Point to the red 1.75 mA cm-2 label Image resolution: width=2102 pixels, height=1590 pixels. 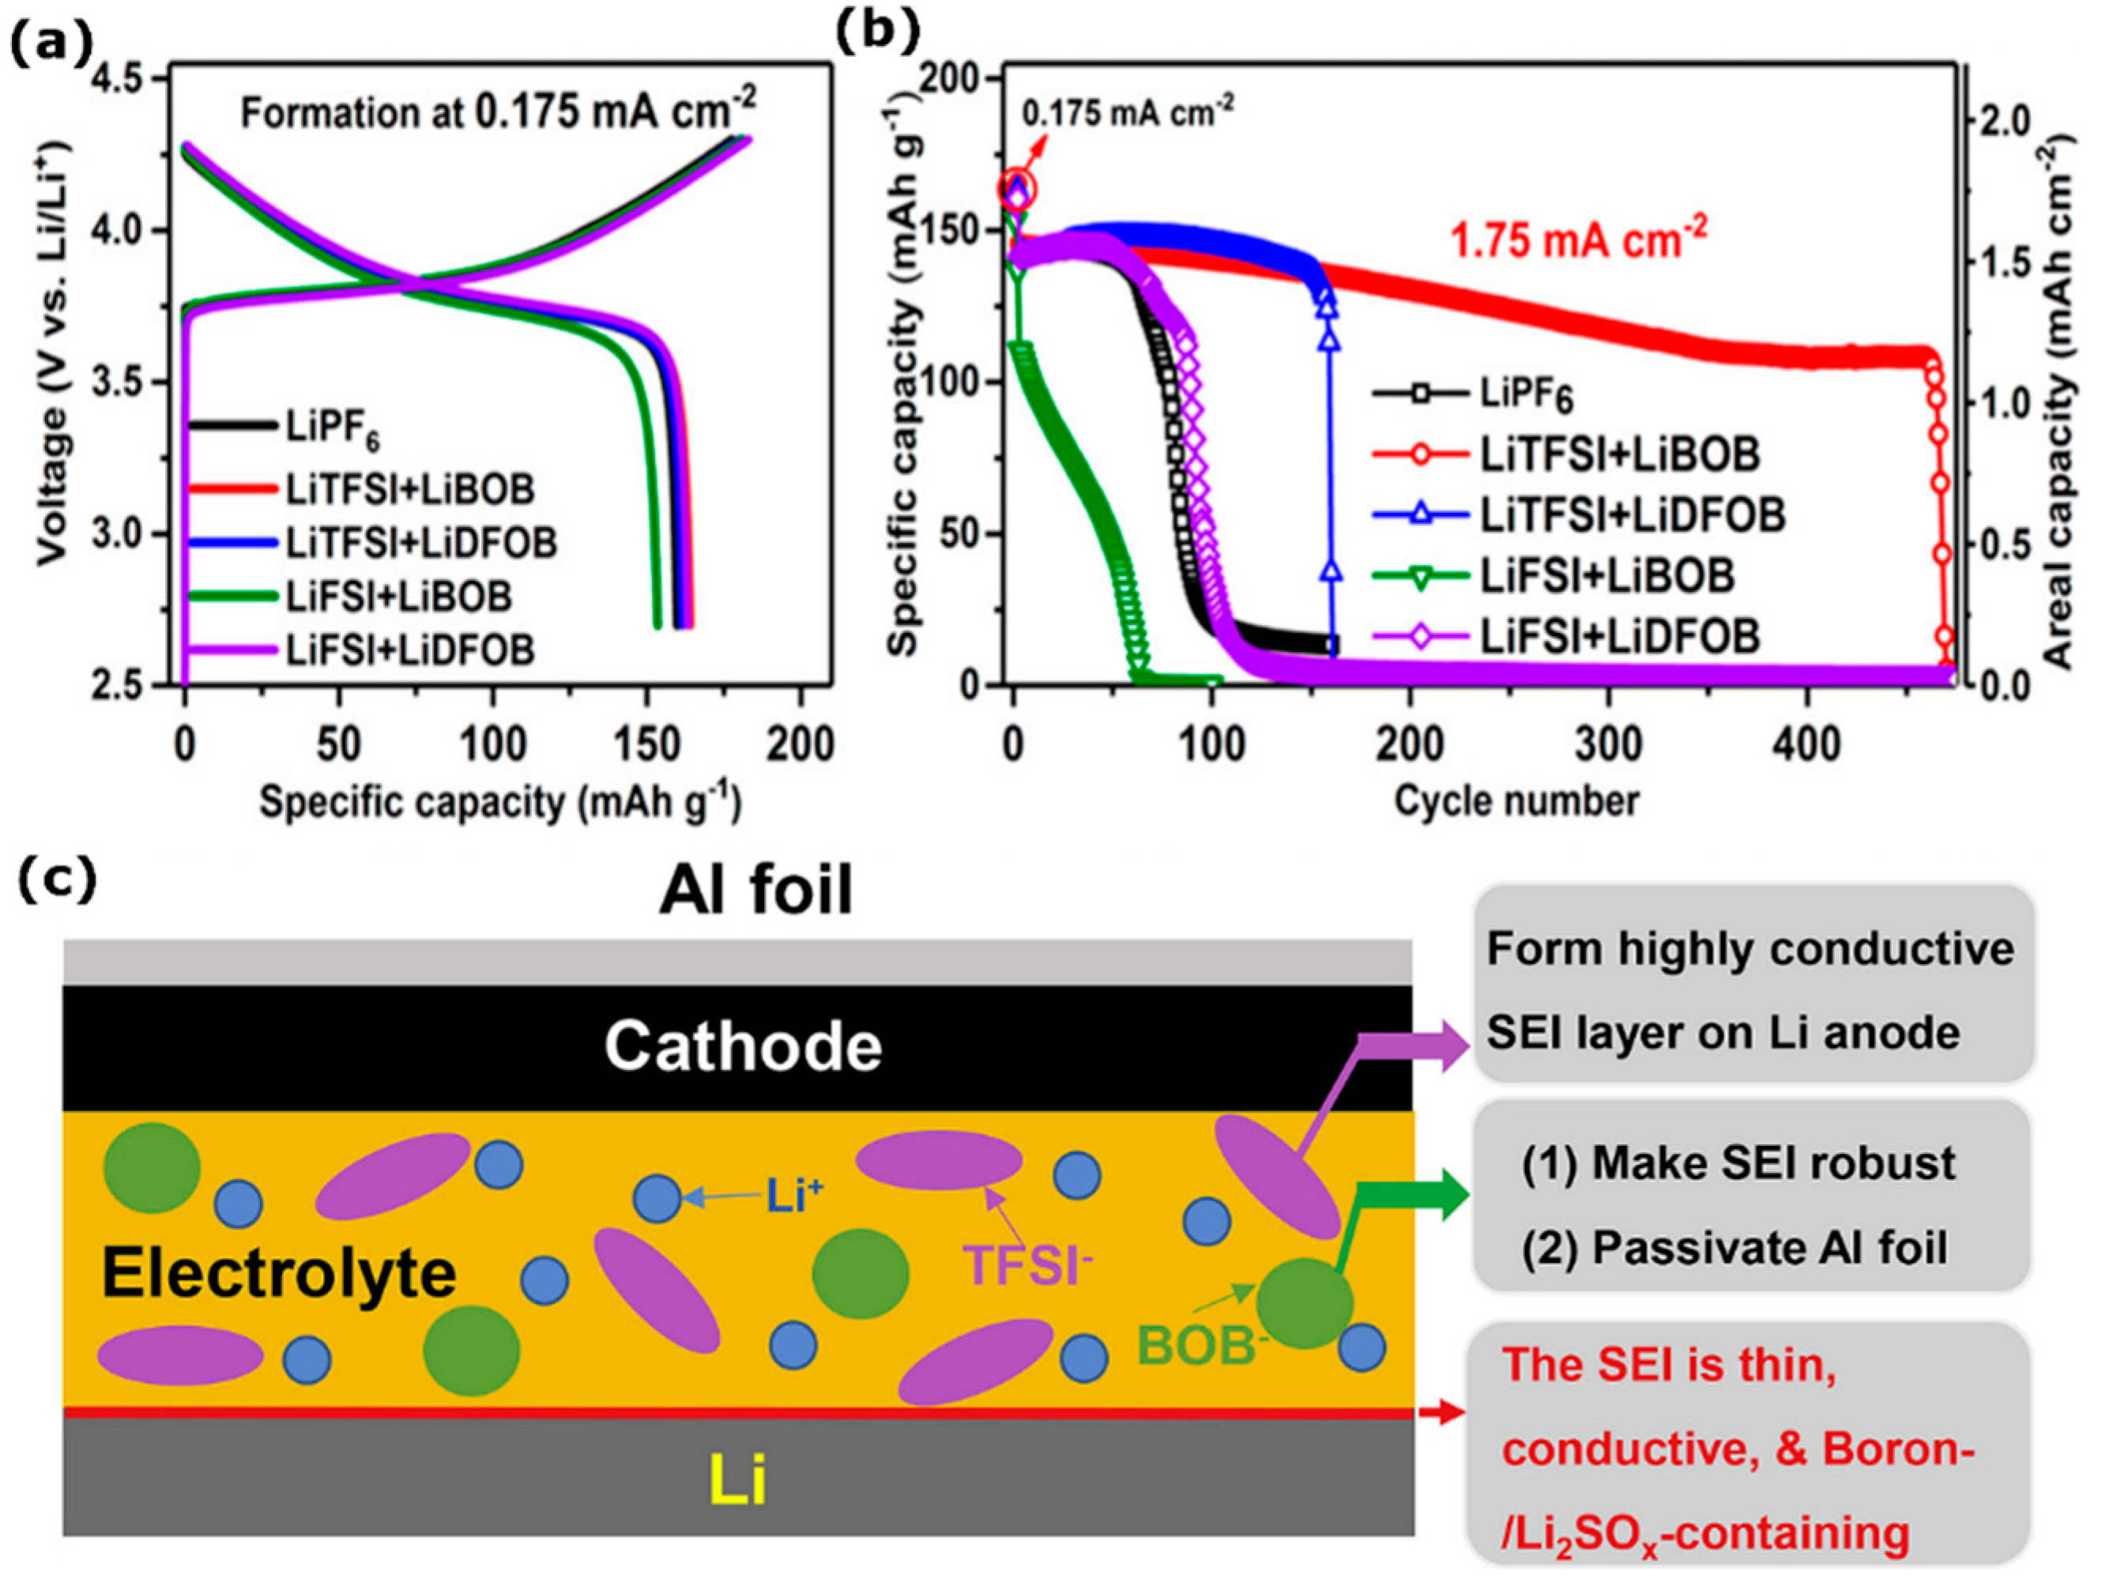pyautogui.click(x=1578, y=239)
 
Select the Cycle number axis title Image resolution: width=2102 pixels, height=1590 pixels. pyautogui.click(x=1516, y=801)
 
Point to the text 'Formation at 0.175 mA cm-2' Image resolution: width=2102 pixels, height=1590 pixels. pyautogui.click(x=498, y=113)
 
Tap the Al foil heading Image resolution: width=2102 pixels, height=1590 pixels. pyautogui.click(x=756, y=891)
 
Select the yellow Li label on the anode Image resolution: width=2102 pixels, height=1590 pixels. pyautogui.click(x=738, y=1481)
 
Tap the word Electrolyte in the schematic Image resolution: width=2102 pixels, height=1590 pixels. pyautogui.click(x=278, y=1274)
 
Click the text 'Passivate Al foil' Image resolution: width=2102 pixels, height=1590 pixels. pyautogui.click(x=1769, y=1248)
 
